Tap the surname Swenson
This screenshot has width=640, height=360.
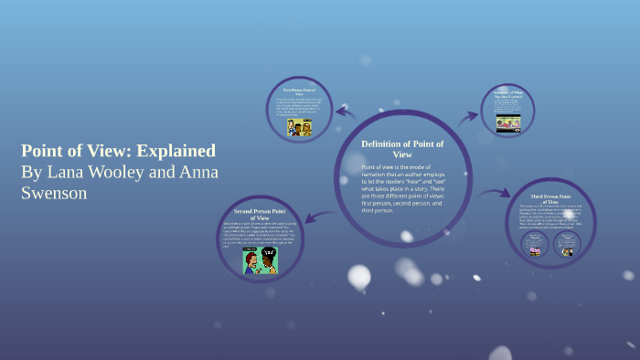point(56,193)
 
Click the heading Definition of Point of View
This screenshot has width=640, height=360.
point(402,149)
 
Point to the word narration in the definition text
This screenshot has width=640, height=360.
point(382,175)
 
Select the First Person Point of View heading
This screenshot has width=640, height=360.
point(299,92)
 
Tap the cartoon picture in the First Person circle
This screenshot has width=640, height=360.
point(300,127)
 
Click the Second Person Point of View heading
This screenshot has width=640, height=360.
point(261,214)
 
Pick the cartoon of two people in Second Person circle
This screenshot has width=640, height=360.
point(260,260)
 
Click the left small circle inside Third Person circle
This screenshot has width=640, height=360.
point(535,245)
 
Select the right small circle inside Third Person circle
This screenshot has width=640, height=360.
point(568,245)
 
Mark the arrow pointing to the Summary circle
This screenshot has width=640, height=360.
point(468,117)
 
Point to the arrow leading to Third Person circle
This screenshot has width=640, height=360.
point(495,193)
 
